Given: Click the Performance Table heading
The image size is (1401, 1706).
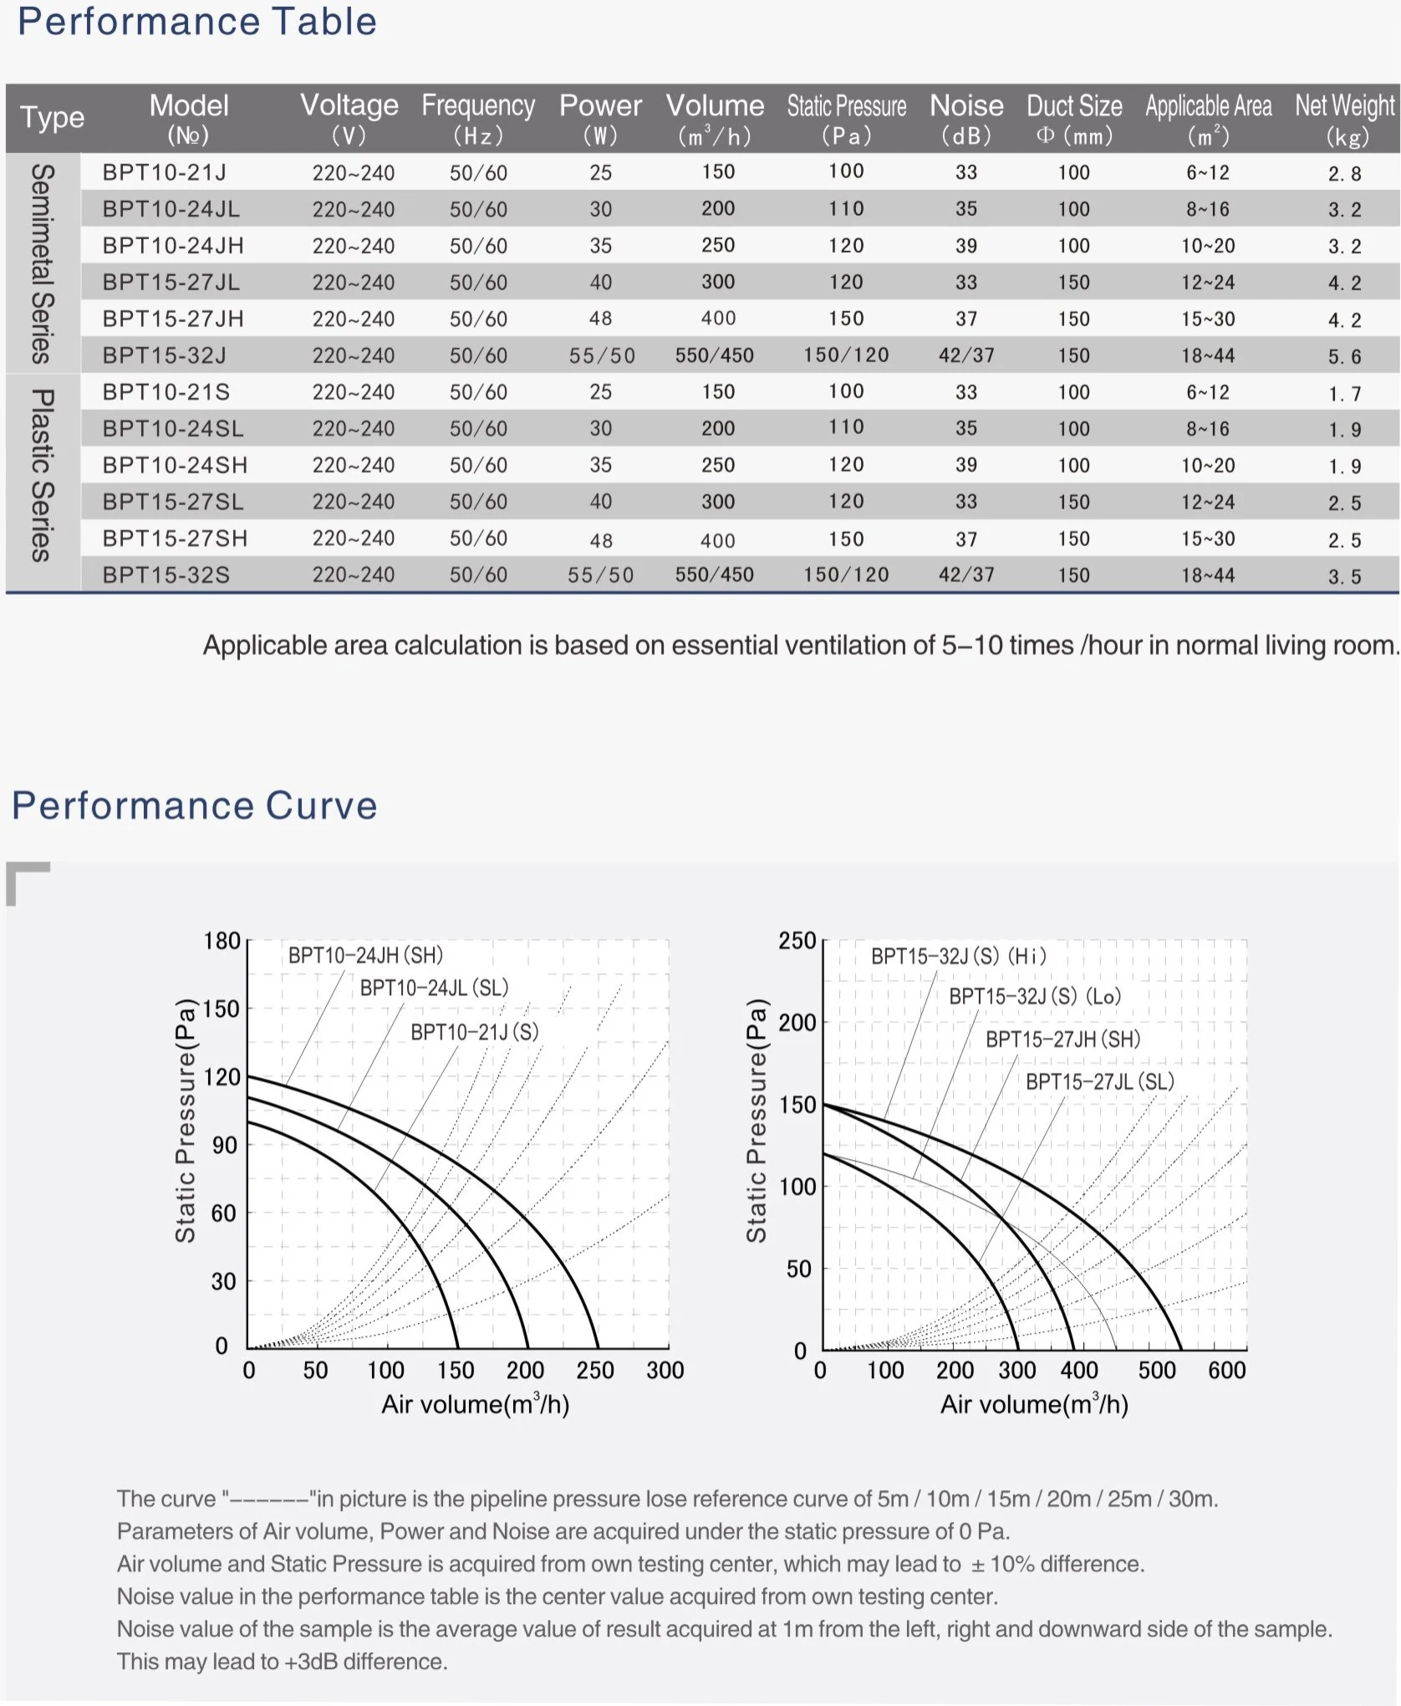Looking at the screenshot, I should (x=197, y=22).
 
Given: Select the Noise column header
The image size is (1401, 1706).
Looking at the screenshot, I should (x=966, y=118).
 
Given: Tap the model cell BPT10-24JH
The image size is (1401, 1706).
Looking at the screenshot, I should (x=173, y=246).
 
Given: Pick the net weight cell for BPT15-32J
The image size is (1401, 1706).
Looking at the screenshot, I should (x=1344, y=357).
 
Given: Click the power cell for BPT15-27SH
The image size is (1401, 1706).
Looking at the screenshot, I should (x=600, y=540).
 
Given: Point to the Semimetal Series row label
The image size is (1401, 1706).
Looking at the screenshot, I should (x=43, y=263).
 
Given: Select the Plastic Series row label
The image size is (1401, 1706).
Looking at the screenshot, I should (x=43, y=475).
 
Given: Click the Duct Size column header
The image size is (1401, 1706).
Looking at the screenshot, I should (x=1074, y=118).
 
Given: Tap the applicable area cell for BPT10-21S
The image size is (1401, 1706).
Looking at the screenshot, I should (x=1207, y=392).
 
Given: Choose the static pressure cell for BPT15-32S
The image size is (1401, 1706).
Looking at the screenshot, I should (x=846, y=575).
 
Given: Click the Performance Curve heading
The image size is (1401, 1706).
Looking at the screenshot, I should (x=195, y=805).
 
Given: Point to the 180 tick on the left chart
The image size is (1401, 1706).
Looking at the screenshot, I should (x=222, y=941).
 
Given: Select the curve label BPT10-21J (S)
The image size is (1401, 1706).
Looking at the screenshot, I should (x=474, y=1032).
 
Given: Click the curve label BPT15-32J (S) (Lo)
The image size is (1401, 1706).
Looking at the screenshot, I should (x=1035, y=996).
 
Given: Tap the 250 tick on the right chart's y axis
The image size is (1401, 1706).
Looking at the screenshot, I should (x=797, y=941).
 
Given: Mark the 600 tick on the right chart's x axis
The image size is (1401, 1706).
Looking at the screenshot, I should (x=1226, y=1370).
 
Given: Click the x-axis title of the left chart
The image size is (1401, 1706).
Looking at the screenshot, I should (x=475, y=1404).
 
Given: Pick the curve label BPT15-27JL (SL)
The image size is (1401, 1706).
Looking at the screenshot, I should (x=1099, y=1081).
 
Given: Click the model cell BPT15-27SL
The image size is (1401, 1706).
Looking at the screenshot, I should (x=173, y=502).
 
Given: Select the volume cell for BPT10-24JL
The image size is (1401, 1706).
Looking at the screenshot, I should (x=717, y=209).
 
